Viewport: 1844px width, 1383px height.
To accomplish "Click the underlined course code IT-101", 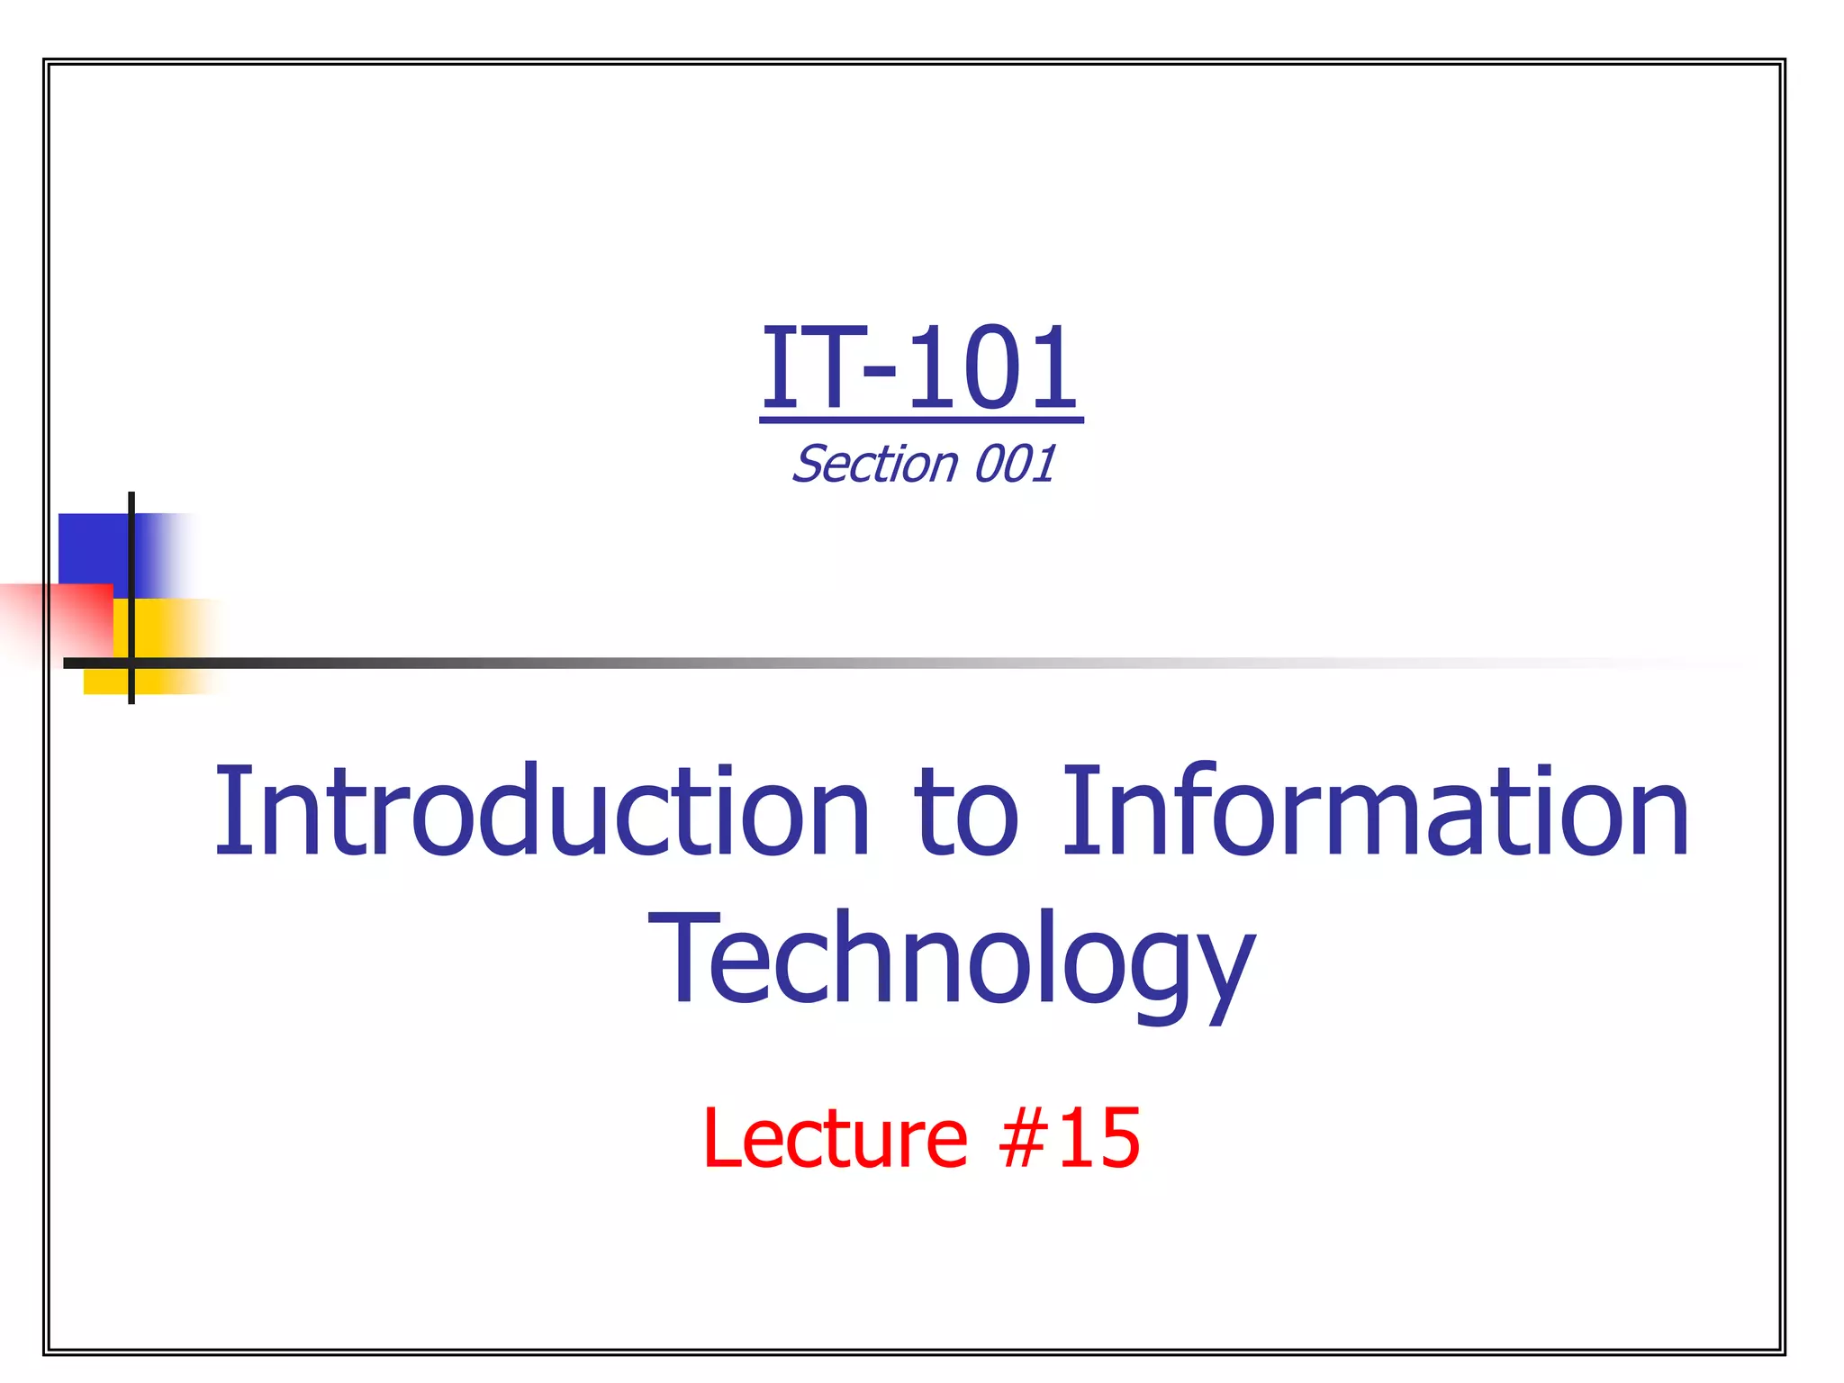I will pyautogui.click(x=920, y=369).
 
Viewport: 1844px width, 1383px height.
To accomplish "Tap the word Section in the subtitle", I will pyautogui.click(x=874, y=465).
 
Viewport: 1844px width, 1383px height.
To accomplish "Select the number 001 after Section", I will pyautogui.click(x=1015, y=465).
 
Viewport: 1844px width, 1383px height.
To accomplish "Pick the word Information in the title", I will pyautogui.click(x=1375, y=810).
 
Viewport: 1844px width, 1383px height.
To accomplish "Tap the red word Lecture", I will pyautogui.click(x=835, y=1139).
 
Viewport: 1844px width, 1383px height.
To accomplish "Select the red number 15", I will pyautogui.click(x=1098, y=1139).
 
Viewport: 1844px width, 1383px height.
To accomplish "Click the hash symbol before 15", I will pyautogui.click(x=1025, y=1140).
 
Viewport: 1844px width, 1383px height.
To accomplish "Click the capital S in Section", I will pyautogui.click(x=811, y=465).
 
